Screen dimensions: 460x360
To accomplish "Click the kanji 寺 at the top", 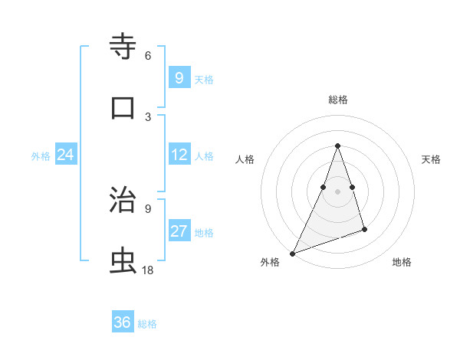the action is (124, 47).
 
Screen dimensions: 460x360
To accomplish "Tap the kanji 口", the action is (124, 107).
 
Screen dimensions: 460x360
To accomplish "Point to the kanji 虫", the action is (124, 260).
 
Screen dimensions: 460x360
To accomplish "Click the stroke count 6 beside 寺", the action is (147, 55).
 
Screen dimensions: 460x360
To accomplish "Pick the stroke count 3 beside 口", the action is (147, 116).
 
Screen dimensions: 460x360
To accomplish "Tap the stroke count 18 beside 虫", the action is (147, 270).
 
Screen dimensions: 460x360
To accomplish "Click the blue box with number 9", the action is (179, 77).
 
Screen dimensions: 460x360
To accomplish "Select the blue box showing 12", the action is (179, 155).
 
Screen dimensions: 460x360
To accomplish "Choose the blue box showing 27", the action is (179, 231).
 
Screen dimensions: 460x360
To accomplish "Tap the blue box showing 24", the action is (66, 155).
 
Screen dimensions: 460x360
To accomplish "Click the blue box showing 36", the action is (123, 322).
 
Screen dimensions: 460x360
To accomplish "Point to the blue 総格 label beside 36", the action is (147, 324).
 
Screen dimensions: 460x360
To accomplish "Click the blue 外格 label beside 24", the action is (41, 156).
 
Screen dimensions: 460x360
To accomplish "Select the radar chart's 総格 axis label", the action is (337, 100).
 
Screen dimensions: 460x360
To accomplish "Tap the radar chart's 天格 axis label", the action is (431, 159).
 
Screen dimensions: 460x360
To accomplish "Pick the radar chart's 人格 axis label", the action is (245, 159).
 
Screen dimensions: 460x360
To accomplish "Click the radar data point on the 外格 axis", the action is (292, 254).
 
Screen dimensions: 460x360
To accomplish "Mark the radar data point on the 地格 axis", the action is (364, 229).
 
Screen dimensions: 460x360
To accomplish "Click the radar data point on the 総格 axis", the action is (337, 146).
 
